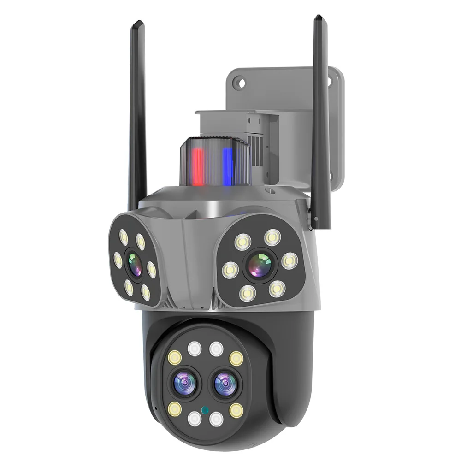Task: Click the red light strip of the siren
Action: [x=198, y=166]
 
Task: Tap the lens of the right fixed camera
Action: [x=259, y=265]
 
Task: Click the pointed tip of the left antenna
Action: [x=136, y=23]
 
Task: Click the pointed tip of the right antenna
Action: [x=318, y=18]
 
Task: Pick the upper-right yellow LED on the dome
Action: [x=236, y=357]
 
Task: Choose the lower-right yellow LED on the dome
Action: [x=236, y=409]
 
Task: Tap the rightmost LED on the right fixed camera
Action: [x=289, y=261]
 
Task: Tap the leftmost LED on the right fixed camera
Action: [x=229, y=270]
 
